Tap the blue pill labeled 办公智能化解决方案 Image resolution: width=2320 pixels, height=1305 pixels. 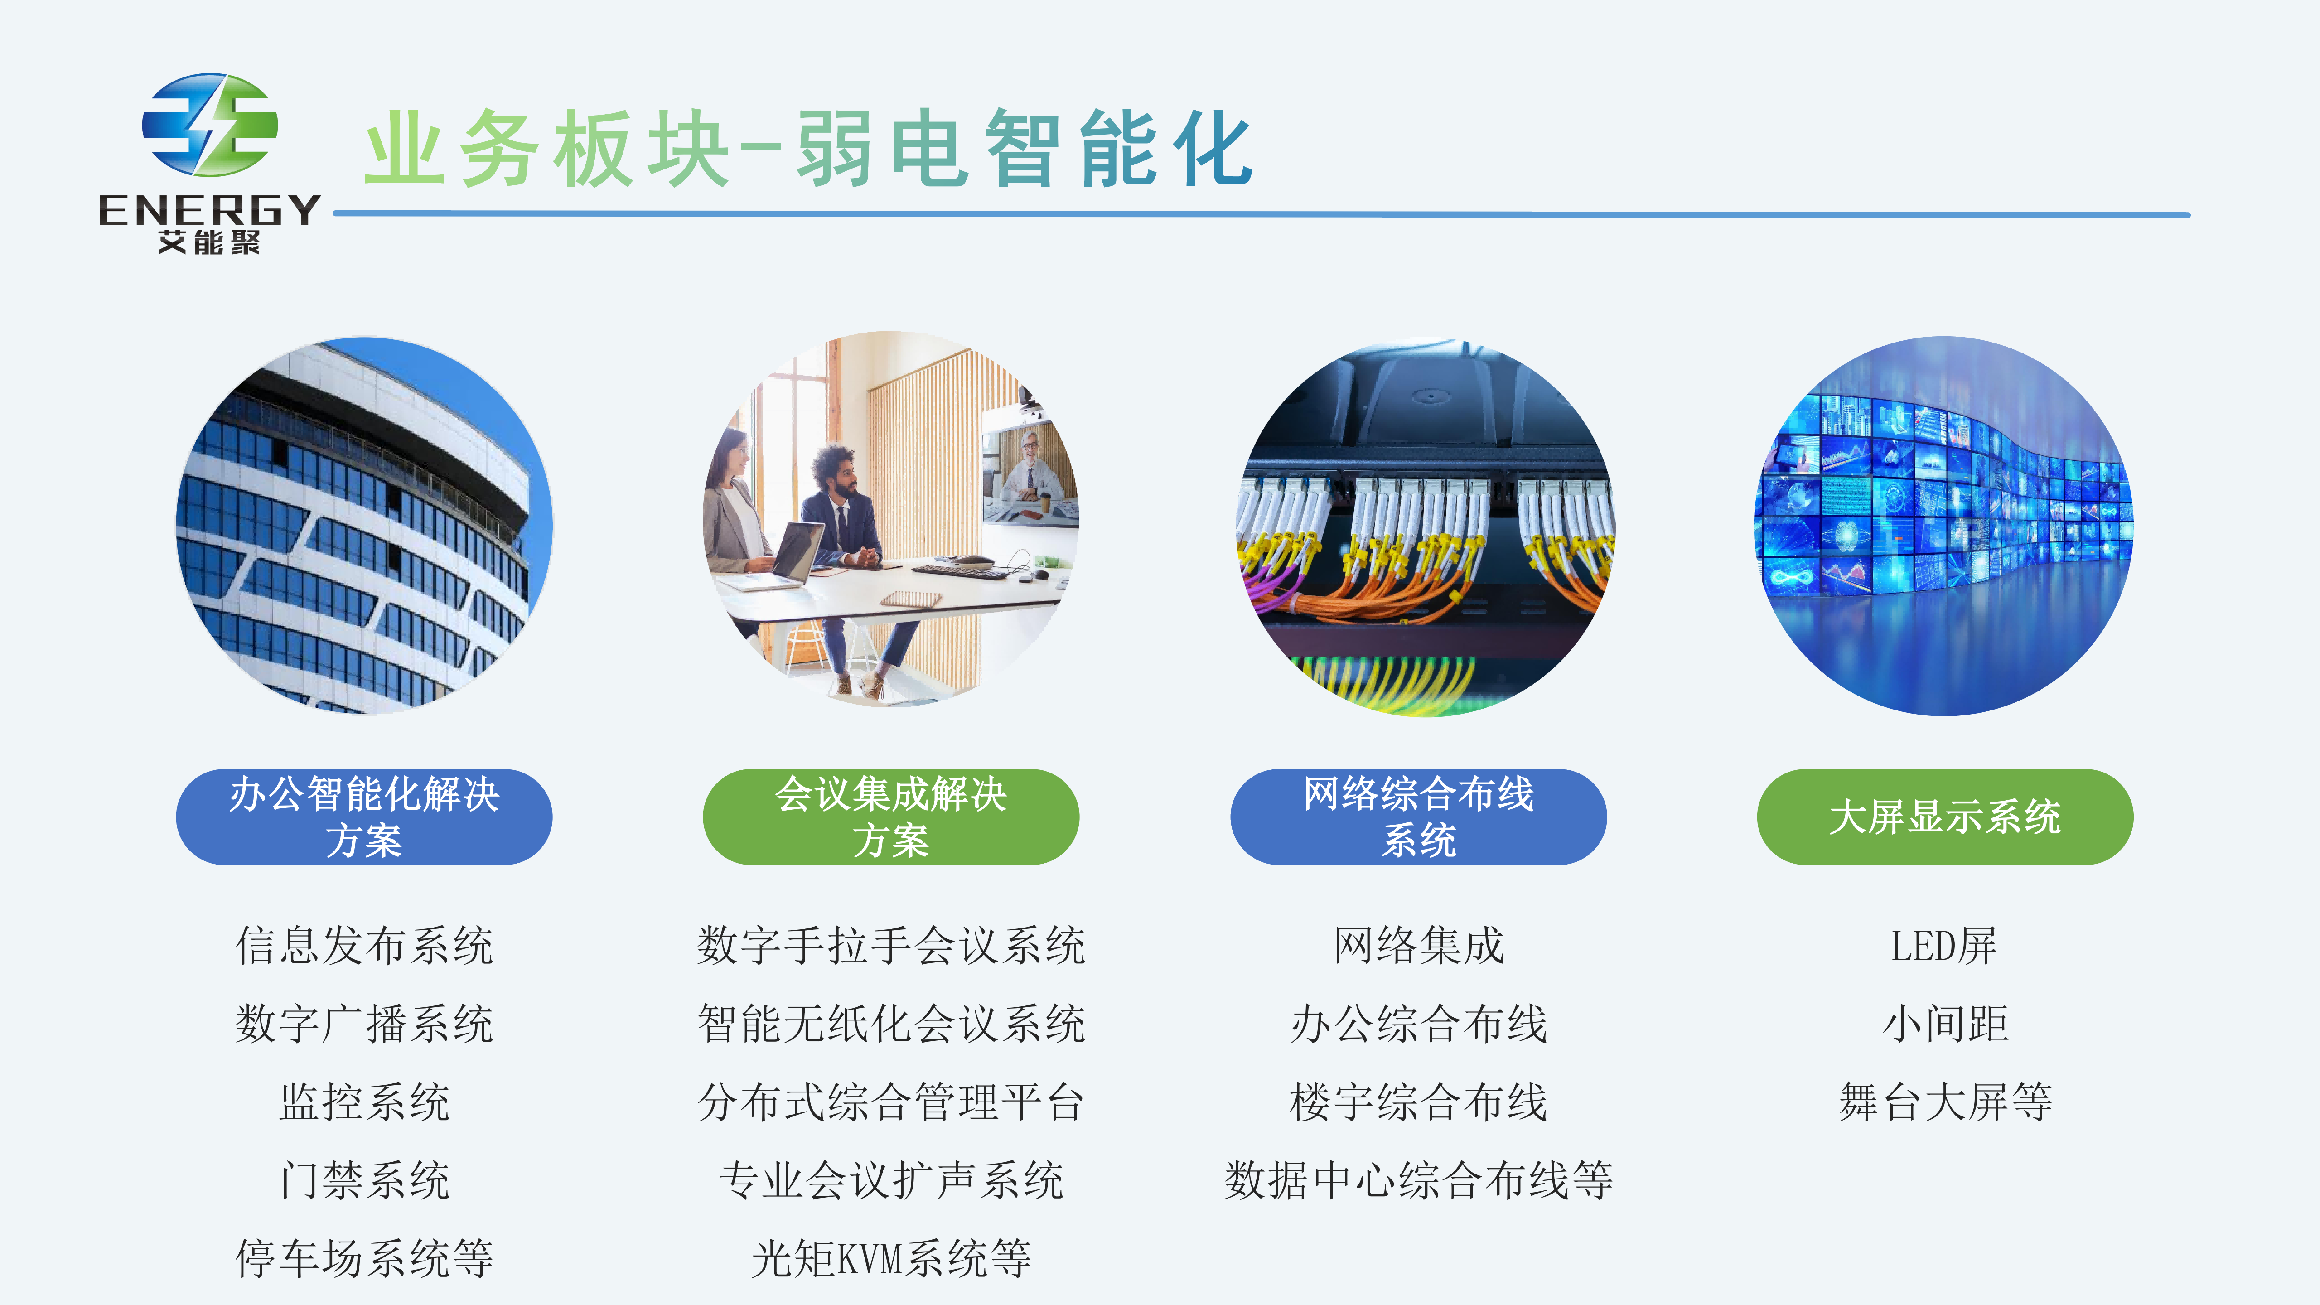click(x=364, y=817)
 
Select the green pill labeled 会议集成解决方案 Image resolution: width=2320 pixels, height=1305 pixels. click(x=891, y=817)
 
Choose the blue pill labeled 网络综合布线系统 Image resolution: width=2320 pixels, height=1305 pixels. click(x=1418, y=817)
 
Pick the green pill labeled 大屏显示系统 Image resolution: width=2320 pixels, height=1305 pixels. click(x=1945, y=817)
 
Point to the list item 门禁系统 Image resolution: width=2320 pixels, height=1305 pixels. click(x=364, y=1180)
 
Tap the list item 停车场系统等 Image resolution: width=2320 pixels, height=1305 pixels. click(x=364, y=1258)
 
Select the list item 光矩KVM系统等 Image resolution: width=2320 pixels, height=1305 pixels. click(x=891, y=1258)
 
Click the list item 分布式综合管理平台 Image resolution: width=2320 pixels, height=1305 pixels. click(x=891, y=1102)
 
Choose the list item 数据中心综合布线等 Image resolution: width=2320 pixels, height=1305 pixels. click(x=1418, y=1180)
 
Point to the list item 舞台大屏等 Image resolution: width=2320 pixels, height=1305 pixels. click(x=1945, y=1102)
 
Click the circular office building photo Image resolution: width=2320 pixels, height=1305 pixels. click(x=364, y=526)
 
